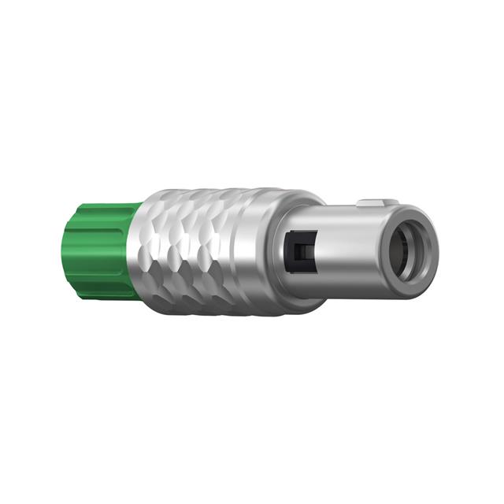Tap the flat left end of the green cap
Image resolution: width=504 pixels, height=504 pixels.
pyautogui.click(x=69, y=250)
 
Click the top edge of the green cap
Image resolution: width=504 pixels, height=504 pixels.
pyautogui.click(x=98, y=206)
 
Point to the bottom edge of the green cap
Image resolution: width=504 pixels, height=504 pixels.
pyautogui.click(x=98, y=296)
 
